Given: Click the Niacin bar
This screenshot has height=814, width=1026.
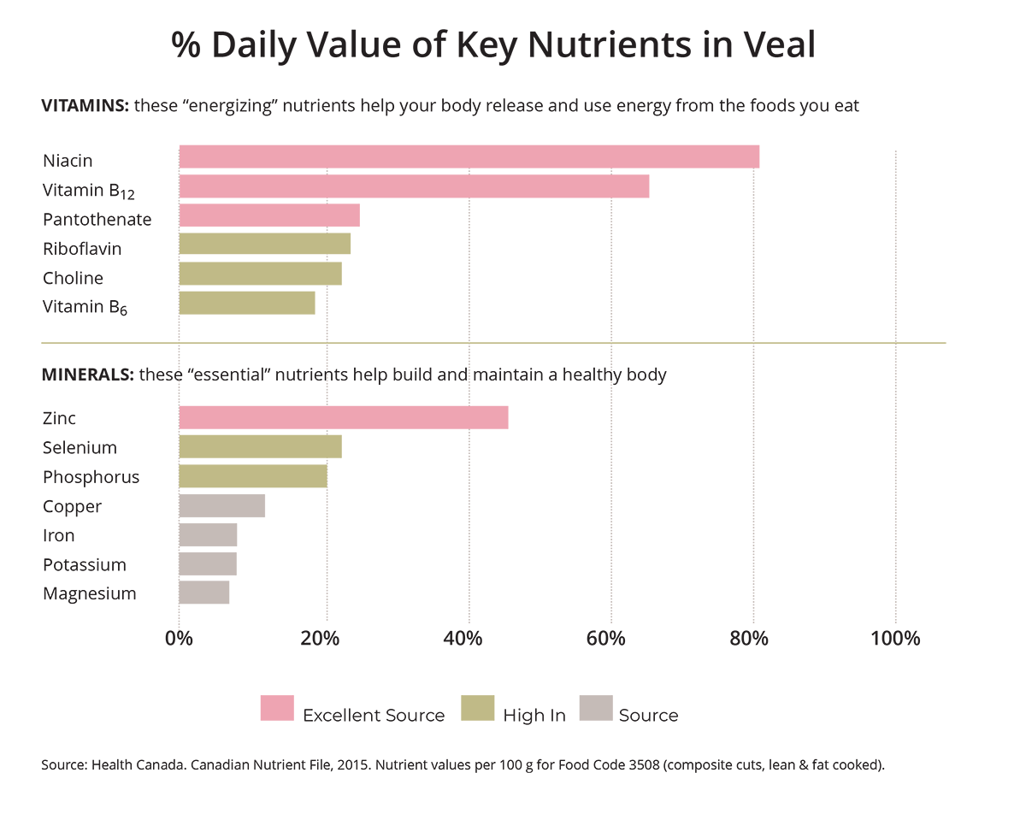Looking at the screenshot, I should coord(469,157).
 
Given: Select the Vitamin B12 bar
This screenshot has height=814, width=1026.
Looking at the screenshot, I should coord(414,186).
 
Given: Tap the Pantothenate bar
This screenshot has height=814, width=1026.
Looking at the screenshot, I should coord(269,215).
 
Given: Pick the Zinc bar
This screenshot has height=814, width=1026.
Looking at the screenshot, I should coord(343,417).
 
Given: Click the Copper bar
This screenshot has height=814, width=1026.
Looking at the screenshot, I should coord(222,506).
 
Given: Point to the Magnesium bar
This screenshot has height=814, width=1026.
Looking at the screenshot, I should coord(204,593).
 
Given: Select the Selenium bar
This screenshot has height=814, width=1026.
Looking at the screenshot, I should coord(260,446).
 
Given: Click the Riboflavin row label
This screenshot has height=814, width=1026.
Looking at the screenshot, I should coord(82,249).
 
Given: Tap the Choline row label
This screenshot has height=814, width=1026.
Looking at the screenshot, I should coord(73,278).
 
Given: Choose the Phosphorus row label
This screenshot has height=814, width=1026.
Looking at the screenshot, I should coord(91,476).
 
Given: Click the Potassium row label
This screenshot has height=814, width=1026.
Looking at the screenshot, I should coord(85,564).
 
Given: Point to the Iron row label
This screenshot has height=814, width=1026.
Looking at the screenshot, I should coord(58,535).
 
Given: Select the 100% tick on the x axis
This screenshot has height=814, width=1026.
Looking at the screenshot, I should coord(895,639).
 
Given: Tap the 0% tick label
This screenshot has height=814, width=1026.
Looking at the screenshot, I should coord(179,639).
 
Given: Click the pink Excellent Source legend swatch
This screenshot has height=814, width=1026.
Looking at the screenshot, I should coord(276,707).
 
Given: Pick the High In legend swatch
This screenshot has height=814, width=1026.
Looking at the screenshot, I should coord(477,707).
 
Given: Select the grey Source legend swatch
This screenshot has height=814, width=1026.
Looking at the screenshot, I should coord(595,707).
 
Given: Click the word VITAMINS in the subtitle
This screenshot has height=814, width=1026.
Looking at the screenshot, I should coord(85,107).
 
